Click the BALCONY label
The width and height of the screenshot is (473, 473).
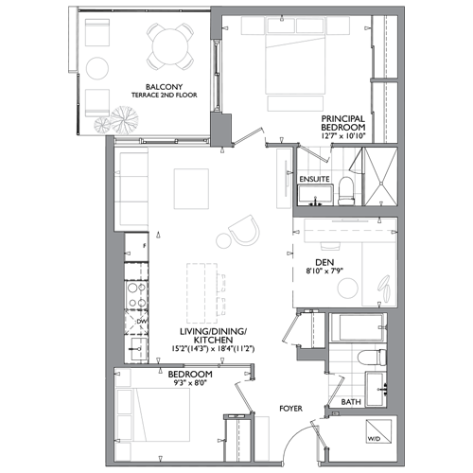tap(164, 87)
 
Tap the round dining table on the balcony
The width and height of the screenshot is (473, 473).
tap(170, 46)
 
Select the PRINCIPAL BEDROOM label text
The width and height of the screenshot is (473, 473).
tap(343, 123)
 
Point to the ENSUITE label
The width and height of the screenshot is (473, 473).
tap(314, 179)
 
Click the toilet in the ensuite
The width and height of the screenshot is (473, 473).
tap(346, 191)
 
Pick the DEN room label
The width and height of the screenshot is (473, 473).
tap(324, 262)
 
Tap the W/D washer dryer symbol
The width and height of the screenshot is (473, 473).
tap(378, 431)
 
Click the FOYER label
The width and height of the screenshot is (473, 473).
tap(290, 409)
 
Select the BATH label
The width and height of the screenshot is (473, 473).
tap(351, 402)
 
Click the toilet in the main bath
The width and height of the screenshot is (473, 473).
tap(372, 358)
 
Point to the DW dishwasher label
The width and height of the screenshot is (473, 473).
tap(141, 322)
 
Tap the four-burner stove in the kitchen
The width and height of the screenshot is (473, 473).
tap(136, 295)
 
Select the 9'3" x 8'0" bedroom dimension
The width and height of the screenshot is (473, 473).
tap(189, 383)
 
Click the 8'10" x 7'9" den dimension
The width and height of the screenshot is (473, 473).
tap(324, 271)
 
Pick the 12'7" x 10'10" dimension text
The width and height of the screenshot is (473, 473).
tap(343, 136)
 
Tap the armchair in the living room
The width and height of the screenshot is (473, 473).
tap(244, 230)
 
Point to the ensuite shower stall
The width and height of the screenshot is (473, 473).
tap(381, 177)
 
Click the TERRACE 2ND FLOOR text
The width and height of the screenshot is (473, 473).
tap(164, 95)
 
